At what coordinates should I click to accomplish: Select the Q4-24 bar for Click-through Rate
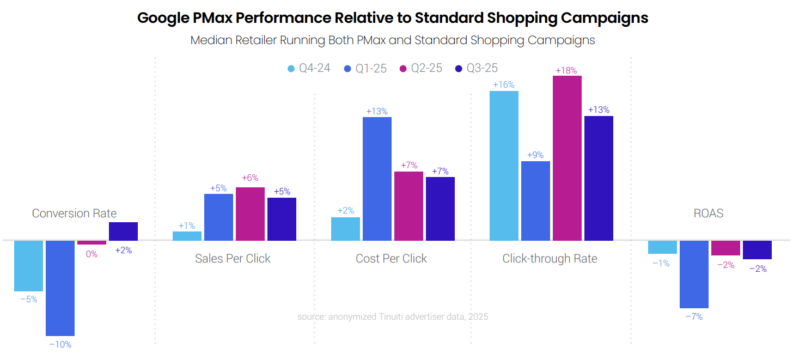click(x=504, y=166)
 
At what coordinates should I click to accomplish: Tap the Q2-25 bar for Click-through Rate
click(x=567, y=158)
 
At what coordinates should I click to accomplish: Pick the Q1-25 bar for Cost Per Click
click(x=377, y=179)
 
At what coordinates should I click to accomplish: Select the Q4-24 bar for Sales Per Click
click(x=187, y=236)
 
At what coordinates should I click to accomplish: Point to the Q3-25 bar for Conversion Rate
click(x=123, y=231)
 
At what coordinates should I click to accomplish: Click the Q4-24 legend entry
click(x=309, y=69)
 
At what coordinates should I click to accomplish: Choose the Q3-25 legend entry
click(x=477, y=69)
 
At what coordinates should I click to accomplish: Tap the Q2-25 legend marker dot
click(x=403, y=69)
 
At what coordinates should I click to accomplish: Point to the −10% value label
click(x=60, y=344)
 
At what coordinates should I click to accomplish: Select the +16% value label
click(x=503, y=85)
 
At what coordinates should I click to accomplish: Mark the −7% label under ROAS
click(x=693, y=316)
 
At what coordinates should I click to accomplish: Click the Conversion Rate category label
click(x=74, y=213)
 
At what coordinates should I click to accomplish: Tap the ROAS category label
click(x=709, y=213)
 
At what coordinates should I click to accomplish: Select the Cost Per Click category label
click(x=391, y=258)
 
